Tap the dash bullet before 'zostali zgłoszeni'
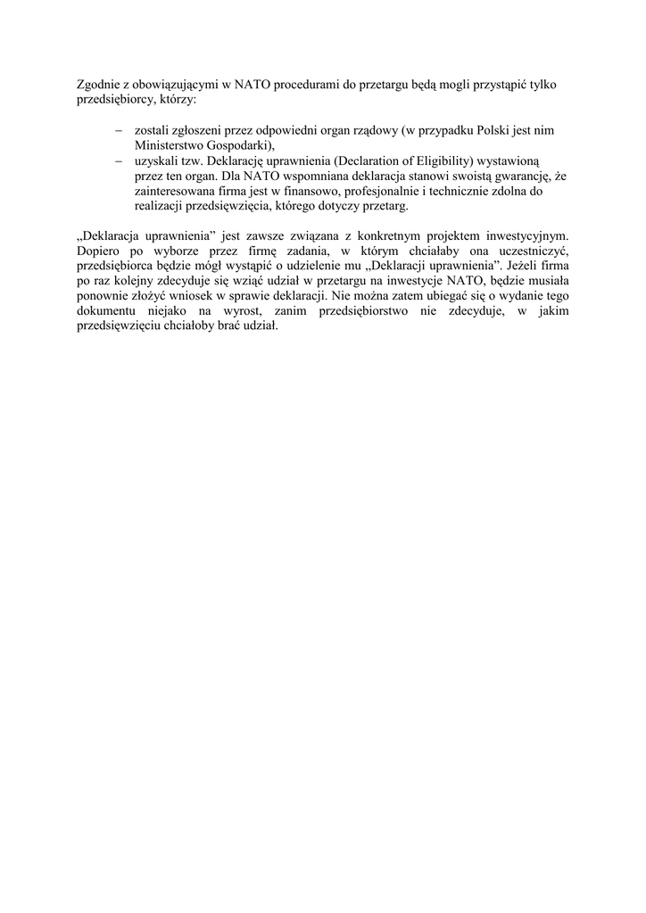(119, 130)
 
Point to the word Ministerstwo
(170, 144)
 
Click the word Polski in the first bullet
(472, 130)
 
